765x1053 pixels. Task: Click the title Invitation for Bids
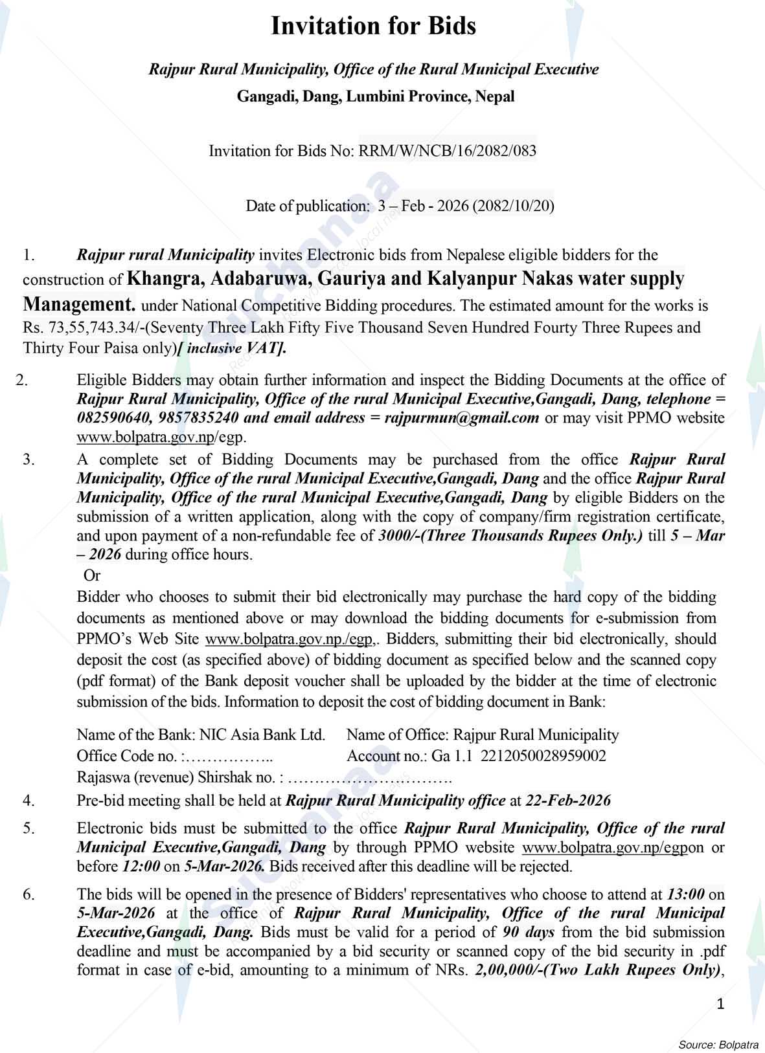coord(373,27)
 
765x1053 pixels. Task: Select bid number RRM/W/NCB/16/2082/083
coord(448,151)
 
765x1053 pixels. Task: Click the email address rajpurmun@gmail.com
coord(462,417)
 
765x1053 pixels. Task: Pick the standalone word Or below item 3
coord(93,575)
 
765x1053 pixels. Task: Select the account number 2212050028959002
coord(543,755)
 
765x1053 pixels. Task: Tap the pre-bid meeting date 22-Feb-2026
coord(568,801)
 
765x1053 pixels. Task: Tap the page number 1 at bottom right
coord(721,1004)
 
